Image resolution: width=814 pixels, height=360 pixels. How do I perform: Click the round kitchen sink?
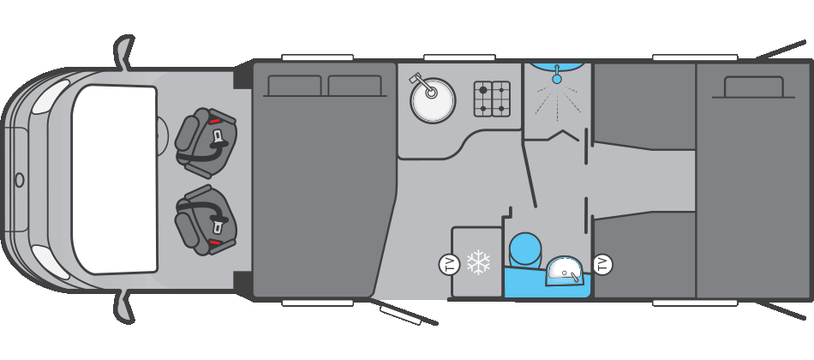tap(433, 101)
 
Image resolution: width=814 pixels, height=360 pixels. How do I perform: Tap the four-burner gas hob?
tap(492, 99)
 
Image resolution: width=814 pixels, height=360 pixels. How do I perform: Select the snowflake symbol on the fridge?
tap(478, 262)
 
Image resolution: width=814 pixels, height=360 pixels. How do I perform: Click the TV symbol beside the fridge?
tap(449, 264)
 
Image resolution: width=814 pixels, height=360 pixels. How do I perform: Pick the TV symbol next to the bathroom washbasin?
tap(602, 264)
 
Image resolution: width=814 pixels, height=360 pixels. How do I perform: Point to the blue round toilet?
tap(525, 249)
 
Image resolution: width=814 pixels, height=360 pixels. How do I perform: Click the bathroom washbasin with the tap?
tap(564, 270)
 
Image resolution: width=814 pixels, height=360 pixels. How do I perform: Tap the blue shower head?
tap(557, 79)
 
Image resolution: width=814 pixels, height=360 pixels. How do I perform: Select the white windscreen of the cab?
tap(114, 179)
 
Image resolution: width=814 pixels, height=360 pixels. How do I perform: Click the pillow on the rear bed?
tap(753, 87)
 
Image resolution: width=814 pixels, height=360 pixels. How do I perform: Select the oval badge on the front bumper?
tap(19, 180)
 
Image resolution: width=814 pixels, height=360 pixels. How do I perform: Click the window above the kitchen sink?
tap(458, 57)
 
